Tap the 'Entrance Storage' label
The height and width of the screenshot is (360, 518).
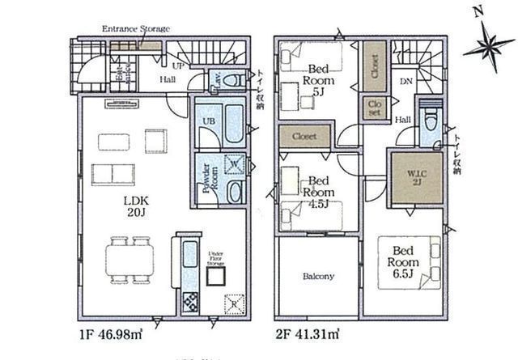(x=135, y=30)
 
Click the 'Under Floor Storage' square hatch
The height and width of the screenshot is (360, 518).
(x=214, y=277)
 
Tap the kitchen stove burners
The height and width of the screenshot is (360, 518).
(x=189, y=303)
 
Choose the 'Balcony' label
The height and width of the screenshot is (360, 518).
(x=318, y=277)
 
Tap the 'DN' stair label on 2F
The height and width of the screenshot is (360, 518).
(x=406, y=82)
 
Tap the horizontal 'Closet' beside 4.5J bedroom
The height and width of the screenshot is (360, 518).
(x=304, y=136)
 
